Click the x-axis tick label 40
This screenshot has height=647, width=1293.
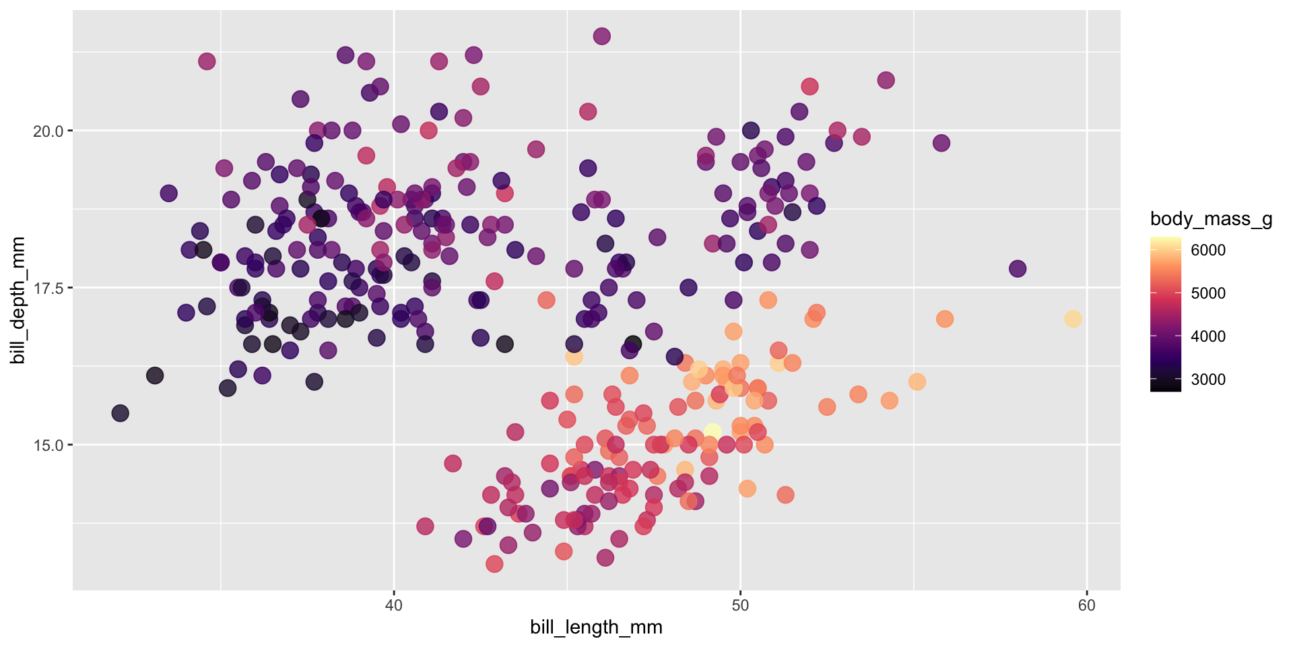(393, 605)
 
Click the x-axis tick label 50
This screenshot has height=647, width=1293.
(740, 605)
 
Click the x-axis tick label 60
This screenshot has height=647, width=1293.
(1086, 605)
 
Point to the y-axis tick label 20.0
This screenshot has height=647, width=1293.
(48, 131)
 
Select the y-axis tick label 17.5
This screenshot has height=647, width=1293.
(48, 288)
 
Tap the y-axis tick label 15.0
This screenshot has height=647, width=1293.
(48, 445)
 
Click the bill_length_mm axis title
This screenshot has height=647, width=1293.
(596, 627)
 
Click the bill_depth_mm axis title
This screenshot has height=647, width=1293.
(18, 300)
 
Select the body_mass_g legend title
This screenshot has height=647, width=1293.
(1211, 219)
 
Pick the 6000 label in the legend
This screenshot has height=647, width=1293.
(1208, 250)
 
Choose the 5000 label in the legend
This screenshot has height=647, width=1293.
(1208, 293)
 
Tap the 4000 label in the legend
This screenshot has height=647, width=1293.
(1208, 336)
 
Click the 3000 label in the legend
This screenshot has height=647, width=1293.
(1208, 379)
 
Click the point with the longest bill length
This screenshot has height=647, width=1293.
(1073, 319)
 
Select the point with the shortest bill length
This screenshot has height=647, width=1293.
(120, 413)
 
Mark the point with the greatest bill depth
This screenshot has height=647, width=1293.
(601, 36)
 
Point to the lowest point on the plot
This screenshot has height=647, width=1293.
(494, 563)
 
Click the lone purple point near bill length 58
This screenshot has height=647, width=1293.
(1017, 268)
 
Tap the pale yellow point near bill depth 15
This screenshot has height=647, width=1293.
(712, 432)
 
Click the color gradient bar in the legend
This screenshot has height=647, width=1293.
(1165, 314)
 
